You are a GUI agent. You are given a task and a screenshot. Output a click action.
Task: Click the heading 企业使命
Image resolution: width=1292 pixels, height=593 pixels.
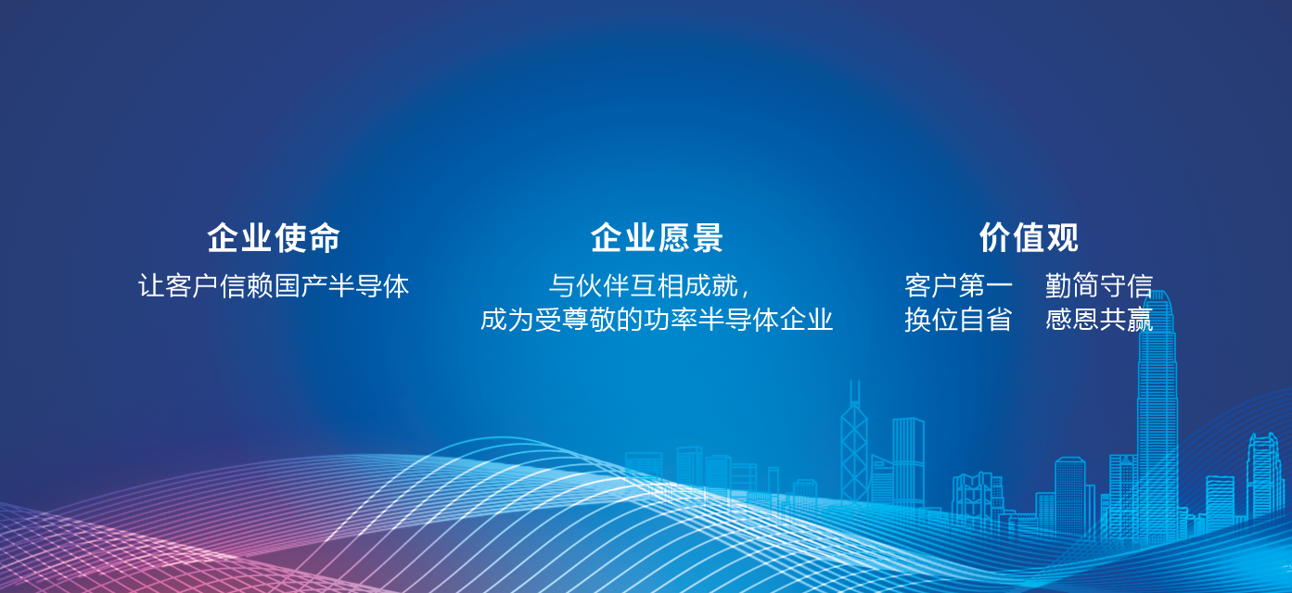(274, 237)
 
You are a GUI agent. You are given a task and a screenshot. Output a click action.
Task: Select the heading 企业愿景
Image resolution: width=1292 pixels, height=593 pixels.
(657, 237)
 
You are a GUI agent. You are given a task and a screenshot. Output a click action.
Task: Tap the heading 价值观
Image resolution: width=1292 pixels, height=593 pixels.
(1029, 237)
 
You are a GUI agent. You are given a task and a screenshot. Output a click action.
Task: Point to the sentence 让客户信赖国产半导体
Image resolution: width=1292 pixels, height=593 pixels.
(274, 285)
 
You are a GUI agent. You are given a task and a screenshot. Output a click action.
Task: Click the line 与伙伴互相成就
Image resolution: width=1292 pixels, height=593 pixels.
(643, 285)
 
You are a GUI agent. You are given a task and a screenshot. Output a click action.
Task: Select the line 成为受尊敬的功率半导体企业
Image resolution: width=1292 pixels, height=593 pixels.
(657, 320)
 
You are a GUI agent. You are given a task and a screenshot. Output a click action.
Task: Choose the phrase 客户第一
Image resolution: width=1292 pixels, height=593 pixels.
(958, 285)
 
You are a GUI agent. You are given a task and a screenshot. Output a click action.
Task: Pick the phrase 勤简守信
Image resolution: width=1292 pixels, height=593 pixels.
(1099, 285)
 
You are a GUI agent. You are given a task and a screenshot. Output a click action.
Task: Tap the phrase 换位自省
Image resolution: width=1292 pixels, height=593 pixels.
(958, 320)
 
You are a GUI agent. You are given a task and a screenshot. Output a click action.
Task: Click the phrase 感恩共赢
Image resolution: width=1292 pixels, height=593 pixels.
(1099, 320)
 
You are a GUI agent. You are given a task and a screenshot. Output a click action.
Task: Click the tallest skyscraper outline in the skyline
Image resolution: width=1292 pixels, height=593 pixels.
(1157, 415)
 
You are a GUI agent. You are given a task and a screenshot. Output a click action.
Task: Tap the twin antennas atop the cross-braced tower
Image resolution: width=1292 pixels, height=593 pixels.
(855, 392)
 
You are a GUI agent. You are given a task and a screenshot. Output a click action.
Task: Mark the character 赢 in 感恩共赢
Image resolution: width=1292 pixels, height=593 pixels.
(1140, 320)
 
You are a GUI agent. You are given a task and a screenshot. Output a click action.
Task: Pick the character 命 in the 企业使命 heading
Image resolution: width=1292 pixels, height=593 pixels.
(324, 237)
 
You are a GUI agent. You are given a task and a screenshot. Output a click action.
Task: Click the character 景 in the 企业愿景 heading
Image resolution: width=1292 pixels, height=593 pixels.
(707, 237)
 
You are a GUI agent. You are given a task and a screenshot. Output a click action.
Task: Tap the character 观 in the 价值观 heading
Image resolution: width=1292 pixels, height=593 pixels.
(1062, 237)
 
